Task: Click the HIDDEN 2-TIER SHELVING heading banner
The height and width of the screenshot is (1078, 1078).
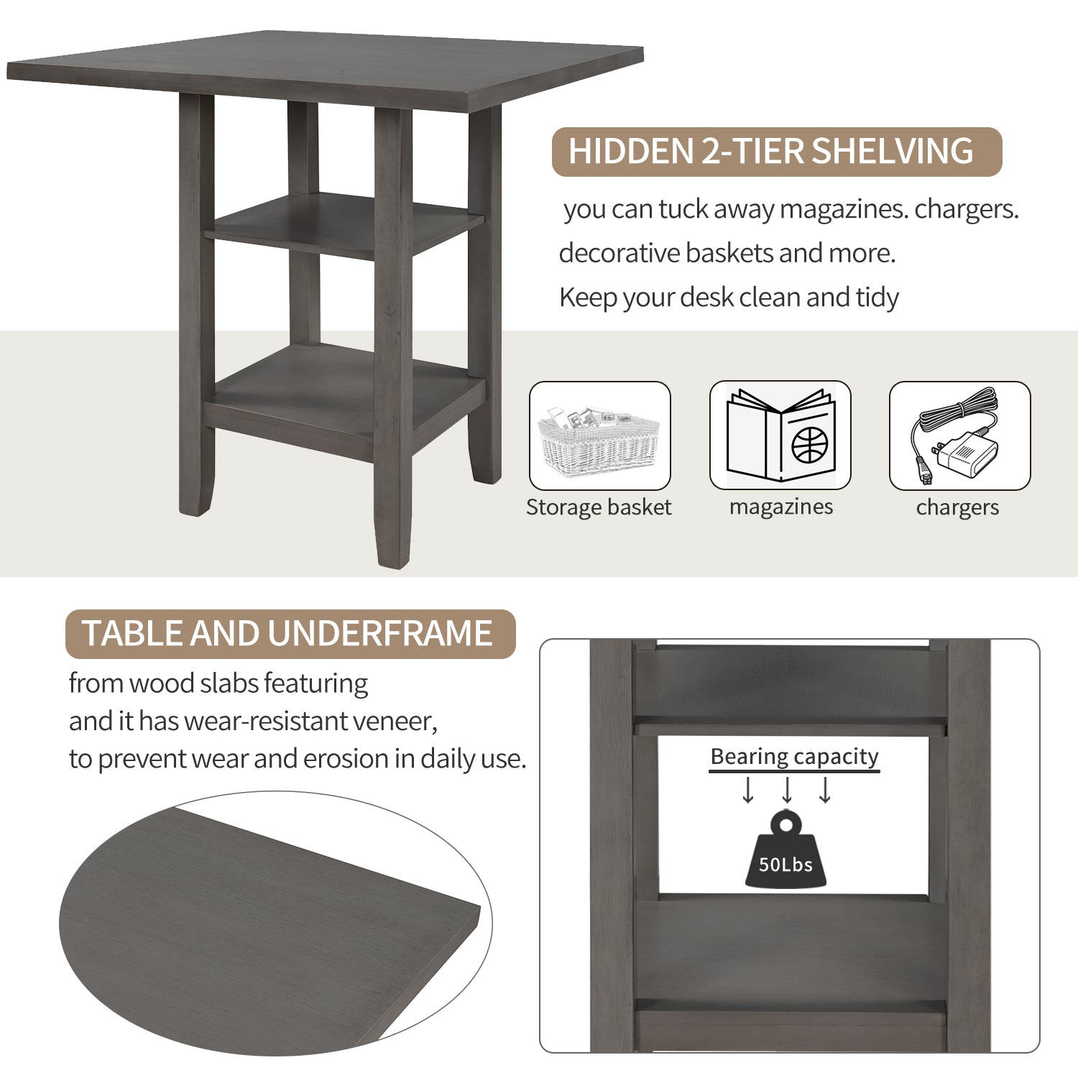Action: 776,152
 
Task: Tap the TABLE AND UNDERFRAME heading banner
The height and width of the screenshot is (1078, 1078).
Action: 290,634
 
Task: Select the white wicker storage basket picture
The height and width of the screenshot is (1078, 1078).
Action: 599,438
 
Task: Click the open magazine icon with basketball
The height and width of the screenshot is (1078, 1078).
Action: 780,436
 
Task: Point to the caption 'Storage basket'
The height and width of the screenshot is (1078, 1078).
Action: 599,507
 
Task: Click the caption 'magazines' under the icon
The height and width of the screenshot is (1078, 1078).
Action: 780,507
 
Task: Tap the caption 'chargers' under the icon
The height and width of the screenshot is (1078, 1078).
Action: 957,507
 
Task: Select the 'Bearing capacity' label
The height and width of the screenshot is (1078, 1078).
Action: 794,757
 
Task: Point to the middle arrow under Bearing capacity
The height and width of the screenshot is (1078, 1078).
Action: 787,790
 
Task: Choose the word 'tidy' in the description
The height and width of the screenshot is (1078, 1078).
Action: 877,298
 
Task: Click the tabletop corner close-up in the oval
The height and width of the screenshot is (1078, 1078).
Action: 273,927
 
